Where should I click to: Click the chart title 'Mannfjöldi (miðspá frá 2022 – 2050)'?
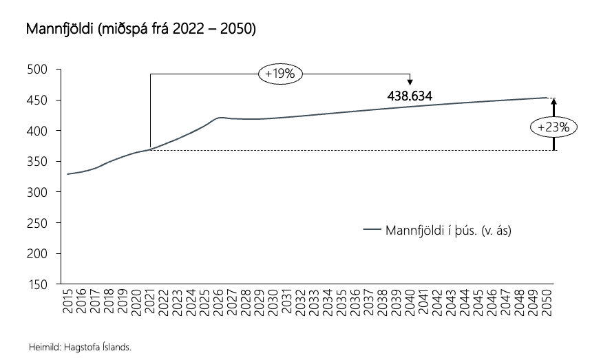pos(141,30)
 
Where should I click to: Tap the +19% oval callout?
pos(280,74)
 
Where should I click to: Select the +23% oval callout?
pos(554,127)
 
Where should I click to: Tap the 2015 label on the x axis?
pos(67,302)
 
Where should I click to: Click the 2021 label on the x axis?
pos(151,302)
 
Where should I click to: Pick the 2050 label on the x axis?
pos(549,302)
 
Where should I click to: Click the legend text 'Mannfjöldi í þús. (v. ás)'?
pos(448,229)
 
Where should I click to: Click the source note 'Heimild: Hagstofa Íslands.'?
pos(80,347)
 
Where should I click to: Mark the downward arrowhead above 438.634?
pos(410,83)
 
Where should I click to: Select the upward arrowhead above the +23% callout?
pos(553,101)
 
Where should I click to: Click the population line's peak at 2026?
pos(220,118)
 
